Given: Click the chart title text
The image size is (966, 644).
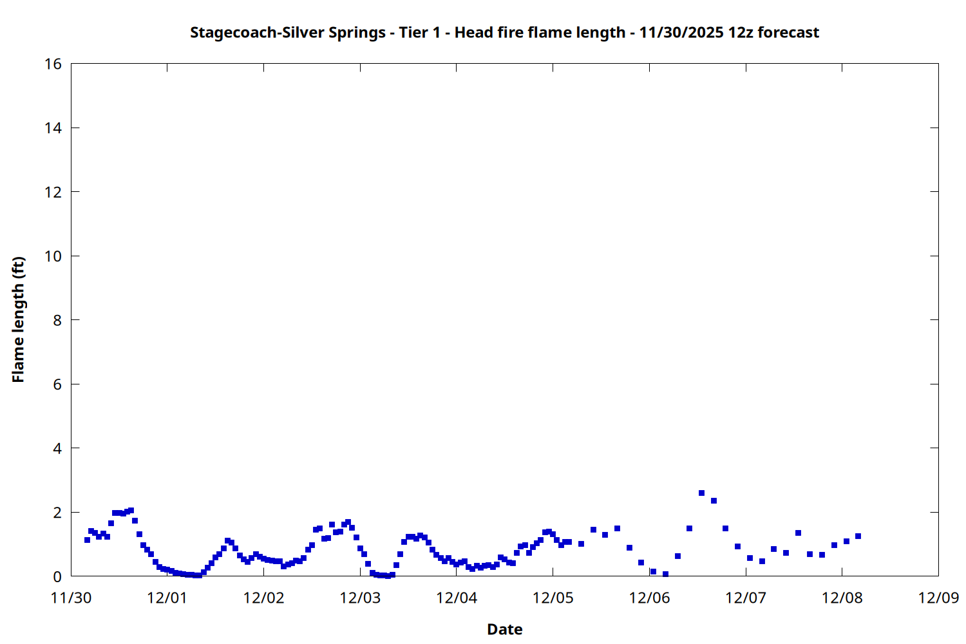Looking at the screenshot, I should pos(504,32).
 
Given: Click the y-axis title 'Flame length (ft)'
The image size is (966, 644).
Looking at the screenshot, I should pos(18,319).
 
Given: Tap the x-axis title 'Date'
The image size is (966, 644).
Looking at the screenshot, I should pos(504,629).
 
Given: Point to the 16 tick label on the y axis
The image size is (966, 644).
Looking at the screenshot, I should pos(53,64).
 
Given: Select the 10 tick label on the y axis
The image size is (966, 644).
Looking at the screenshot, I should pos(53,256).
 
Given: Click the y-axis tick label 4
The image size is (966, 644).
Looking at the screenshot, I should pos(57,448).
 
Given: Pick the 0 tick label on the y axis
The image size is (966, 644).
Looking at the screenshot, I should pos(57,576).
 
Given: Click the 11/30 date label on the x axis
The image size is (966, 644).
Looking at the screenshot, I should pos(71,598).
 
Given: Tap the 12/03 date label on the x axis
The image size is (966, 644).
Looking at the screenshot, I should pos(360,598).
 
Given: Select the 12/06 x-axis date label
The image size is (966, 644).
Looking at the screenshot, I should pos(649,598).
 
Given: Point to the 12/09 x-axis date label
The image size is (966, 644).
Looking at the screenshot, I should pos(938,598).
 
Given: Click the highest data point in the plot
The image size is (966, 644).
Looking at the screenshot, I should pos(701,493).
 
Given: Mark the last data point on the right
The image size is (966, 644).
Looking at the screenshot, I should pos(858,536).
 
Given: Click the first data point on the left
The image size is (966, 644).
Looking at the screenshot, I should pos(87,540).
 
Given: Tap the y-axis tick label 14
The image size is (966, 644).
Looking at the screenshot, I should pos(53,128).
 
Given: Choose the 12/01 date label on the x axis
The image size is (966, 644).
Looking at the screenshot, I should pos(167,598).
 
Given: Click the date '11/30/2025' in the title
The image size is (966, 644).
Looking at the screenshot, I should pos(681,32).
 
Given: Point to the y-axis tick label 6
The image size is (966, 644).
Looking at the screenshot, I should pos(57,384).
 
